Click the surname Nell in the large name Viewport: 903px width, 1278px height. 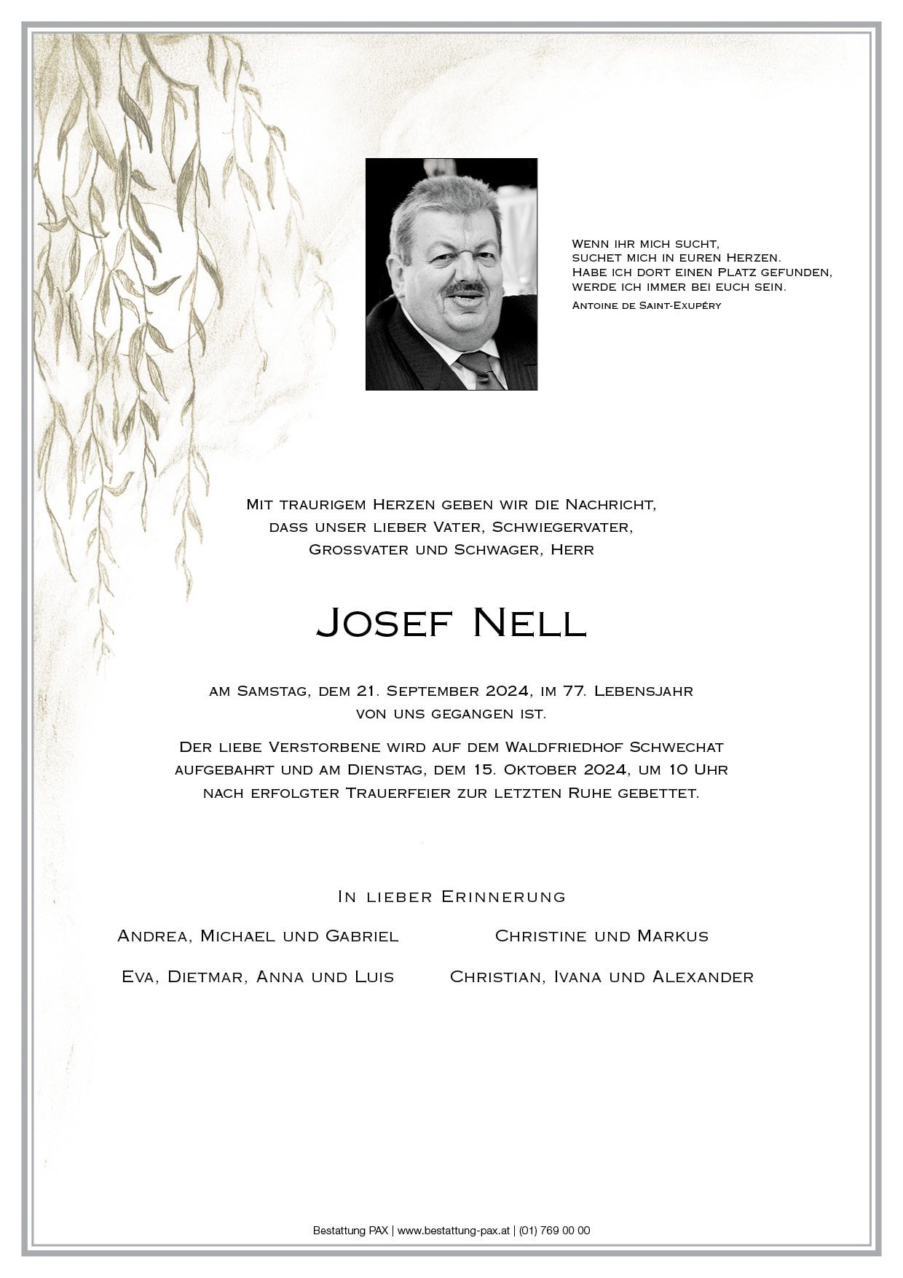click(x=529, y=622)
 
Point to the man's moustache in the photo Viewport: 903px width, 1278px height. click(x=465, y=289)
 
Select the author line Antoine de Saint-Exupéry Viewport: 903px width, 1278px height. click(x=646, y=305)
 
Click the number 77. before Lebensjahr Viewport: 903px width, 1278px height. click(x=573, y=691)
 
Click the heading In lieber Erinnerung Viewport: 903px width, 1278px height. click(x=451, y=897)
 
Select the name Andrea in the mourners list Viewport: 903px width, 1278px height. click(x=152, y=936)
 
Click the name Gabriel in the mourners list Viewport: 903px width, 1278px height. click(x=362, y=936)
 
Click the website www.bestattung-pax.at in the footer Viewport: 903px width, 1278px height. click(x=453, y=1231)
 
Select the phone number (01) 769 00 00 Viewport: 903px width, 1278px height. click(x=555, y=1231)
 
